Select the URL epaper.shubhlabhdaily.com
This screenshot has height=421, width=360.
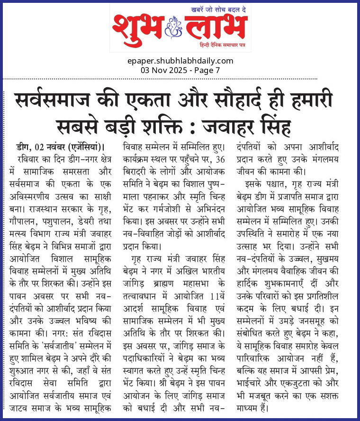[180, 61]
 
